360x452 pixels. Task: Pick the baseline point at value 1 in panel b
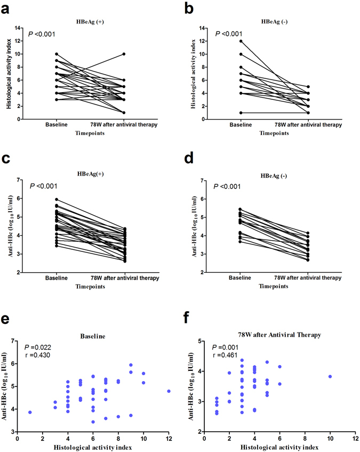(240, 113)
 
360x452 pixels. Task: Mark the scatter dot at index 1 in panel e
(30, 412)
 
